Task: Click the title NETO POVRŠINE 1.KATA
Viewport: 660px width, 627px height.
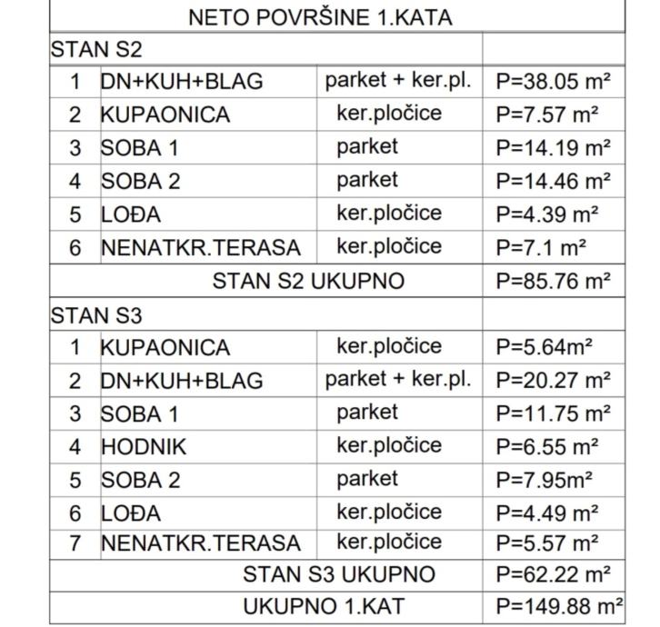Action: pyautogui.click(x=319, y=17)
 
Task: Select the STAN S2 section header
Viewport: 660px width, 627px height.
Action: pyautogui.click(x=95, y=49)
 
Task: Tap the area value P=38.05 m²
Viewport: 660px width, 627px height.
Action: pyautogui.click(x=553, y=82)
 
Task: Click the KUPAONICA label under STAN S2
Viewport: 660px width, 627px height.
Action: pyautogui.click(x=165, y=114)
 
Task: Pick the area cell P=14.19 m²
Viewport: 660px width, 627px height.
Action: pyautogui.click(x=553, y=147)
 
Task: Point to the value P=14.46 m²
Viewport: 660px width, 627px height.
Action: pyautogui.click(x=553, y=181)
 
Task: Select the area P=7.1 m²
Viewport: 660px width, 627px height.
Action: pyautogui.click(x=541, y=247)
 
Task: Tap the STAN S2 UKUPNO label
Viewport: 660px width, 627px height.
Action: pyautogui.click(x=308, y=281)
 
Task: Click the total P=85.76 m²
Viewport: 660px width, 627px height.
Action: pyautogui.click(x=553, y=281)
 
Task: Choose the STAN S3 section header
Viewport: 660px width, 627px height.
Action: pyautogui.click(x=95, y=314)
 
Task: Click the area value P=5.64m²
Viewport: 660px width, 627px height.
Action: pyautogui.click(x=544, y=347)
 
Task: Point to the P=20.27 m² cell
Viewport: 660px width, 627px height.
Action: pyautogui.click(x=553, y=380)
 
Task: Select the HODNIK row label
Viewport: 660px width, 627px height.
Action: pyautogui.click(x=143, y=446)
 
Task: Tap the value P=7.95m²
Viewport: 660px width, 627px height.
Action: pyautogui.click(x=544, y=479)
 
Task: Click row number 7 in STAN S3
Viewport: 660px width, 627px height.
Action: pyautogui.click(x=75, y=543)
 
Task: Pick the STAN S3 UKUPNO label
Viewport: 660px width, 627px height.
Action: pyautogui.click(x=338, y=574)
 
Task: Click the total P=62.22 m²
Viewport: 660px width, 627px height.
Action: pyautogui.click(x=553, y=574)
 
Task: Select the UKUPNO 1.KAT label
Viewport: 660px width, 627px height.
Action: pyautogui.click(x=324, y=606)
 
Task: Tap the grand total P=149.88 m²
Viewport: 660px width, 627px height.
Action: pyautogui.click(x=558, y=606)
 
